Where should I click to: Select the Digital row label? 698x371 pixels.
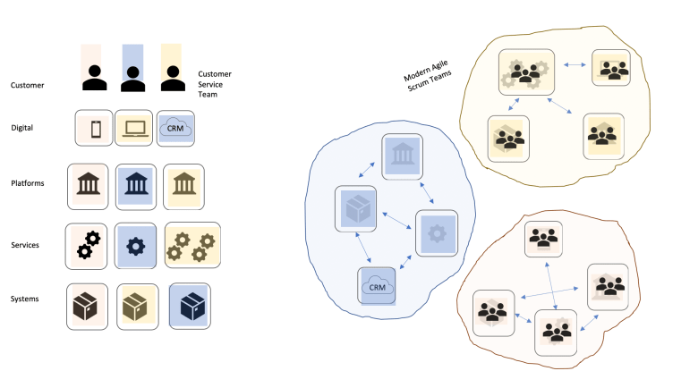[21, 128]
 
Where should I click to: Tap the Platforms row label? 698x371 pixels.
[28, 183]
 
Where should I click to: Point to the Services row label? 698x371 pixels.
[26, 243]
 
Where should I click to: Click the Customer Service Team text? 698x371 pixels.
[216, 82]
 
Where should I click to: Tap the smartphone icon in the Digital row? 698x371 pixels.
[94, 128]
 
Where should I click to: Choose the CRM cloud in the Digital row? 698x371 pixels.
[175, 128]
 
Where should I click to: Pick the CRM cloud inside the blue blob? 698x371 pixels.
[378, 288]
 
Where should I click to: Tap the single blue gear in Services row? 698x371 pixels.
[136, 245]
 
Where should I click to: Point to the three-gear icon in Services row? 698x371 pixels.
[192, 245]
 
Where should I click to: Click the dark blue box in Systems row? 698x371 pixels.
[190, 305]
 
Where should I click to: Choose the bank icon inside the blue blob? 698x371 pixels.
[402, 157]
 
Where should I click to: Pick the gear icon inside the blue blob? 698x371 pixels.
[437, 233]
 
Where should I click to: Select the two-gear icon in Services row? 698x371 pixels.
[88, 245]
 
